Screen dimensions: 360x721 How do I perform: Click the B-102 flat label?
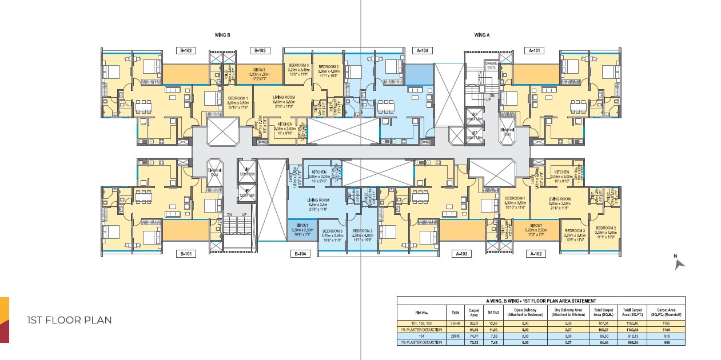[x=186, y=51]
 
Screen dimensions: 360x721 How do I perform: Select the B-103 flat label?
[x=260, y=51]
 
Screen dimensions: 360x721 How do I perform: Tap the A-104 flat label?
[x=422, y=51]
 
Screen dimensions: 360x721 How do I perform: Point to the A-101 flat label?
[x=535, y=51]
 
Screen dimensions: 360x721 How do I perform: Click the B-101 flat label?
[x=186, y=254]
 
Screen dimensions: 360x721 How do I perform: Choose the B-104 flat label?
[x=301, y=254]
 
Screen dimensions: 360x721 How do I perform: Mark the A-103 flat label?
[x=462, y=254]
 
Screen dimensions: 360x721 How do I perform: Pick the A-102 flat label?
[x=536, y=254]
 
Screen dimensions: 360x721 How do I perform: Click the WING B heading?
[x=222, y=35]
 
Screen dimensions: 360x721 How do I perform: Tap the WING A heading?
[x=482, y=35]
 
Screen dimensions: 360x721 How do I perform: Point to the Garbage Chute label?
[x=491, y=65]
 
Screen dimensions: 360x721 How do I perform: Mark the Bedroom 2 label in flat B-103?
[x=329, y=69]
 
